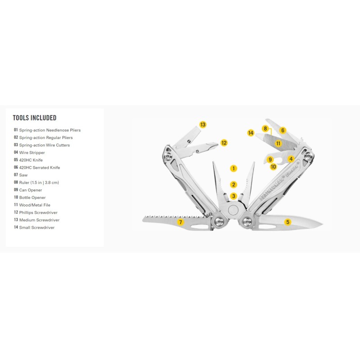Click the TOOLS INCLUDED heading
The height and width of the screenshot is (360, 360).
(x=35, y=118)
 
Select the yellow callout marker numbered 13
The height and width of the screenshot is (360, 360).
(x=202, y=124)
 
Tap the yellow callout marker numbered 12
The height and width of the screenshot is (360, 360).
(x=224, y=143)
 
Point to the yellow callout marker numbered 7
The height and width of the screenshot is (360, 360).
(x=180, y=222)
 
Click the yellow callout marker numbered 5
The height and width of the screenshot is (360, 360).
(x=288, y=221)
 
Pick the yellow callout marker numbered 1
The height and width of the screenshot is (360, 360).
(x=233, y=168)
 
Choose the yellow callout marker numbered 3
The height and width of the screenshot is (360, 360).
(x=233, y=196)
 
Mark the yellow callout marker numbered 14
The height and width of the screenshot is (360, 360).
(x=251, y=133)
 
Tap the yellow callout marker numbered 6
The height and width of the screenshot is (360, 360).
(x=283, y=130)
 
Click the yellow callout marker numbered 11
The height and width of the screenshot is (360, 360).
(x=278, y=144)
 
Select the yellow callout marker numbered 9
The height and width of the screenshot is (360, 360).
(x=270, y=159)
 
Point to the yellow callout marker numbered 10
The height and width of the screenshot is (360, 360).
(x=273, y=166)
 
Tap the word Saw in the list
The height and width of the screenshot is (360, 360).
(x=23, y=175)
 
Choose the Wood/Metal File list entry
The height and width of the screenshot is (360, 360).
(x=38, y=205)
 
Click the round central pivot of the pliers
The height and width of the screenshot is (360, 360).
(x=233, y=210)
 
